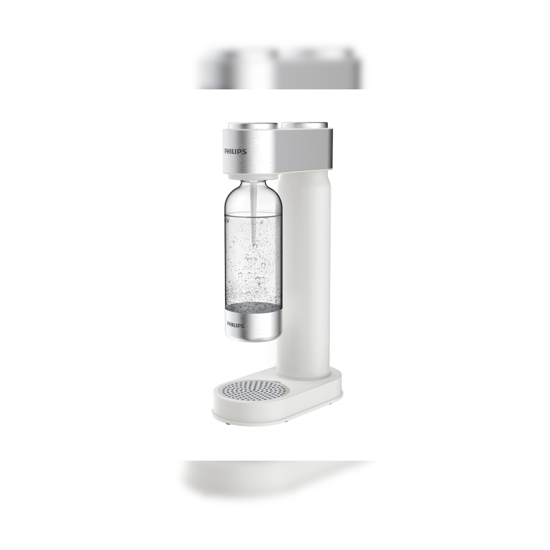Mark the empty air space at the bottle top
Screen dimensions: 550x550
coord(238,202)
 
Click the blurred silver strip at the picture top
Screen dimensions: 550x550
coord(280,71)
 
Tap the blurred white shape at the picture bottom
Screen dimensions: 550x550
coord(280,477)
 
